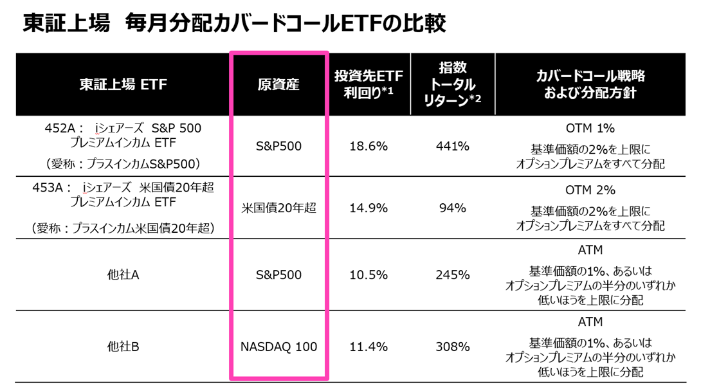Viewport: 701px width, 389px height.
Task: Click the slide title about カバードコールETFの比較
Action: coord(234,23)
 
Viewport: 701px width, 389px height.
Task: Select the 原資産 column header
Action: coord(278,84)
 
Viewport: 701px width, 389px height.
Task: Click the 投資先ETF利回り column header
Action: coord(368,84)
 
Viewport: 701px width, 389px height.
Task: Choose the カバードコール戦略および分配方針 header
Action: coord(590,84)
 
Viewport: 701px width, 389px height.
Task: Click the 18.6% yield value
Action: coord(368,147)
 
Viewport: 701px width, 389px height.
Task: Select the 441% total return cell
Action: coord(452,147)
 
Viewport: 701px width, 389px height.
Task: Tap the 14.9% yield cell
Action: coord(368,208)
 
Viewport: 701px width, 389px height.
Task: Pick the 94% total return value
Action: coord(452,208)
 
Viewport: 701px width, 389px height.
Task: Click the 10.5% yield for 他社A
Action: coord(368,275)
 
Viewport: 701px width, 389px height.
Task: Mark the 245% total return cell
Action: coord(452,275)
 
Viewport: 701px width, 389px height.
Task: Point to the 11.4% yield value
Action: coord(368,347)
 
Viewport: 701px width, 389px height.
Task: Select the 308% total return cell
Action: coord(452,347)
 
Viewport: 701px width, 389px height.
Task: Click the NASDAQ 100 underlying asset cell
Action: coord(278,347)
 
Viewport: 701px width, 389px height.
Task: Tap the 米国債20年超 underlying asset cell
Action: coord(278,208)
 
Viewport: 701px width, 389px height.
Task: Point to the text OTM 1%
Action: coord(590,128)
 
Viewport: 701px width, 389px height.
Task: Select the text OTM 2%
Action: coord(590,190)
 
